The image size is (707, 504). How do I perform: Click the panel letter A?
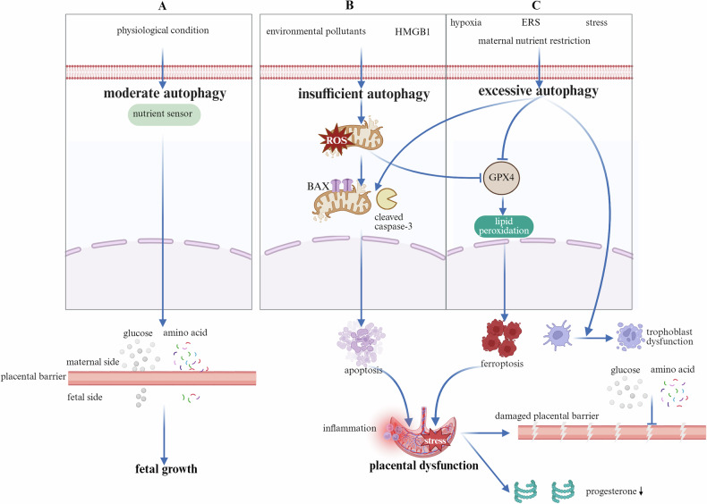pyautogui.click(x=163, y=6)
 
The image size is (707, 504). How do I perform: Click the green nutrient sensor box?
pyautogui.click(x=164, y=114)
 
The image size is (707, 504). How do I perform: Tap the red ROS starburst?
pyautogui.click(x=336, y=140)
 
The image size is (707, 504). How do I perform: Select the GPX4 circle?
pyautogui.click(x=501, y=178)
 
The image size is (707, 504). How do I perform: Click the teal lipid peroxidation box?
pyautogui.click(x=504, y=226)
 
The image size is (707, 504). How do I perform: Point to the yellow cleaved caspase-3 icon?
pyautogui.click(x=387, y=199)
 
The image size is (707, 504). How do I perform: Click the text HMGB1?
pyautogui.click(x=412, y=31)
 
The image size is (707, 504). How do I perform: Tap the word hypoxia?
pyautogui.click(x=465, y=22)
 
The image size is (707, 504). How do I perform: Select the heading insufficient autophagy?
pyautogui.click(x=363, y=94)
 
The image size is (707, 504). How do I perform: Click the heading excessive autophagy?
pyautogui.click(x=538, y=91)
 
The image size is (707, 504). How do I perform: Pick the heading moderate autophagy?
pyautogui.click(x=165, y=94)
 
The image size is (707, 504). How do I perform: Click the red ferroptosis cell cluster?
pyautogui.click(x=501, y=338)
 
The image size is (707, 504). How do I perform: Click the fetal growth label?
pyautogui.click(x=166, y=469)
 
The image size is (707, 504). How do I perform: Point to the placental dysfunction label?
pyautogui.click(x=424, y=466)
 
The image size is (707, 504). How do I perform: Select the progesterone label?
pyautogui.click(x=615, y=491)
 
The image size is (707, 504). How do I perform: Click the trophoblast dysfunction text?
pyautogui.click(x=669, y=337)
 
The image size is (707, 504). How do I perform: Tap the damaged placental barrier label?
pyautogui.click(x=547, y=416)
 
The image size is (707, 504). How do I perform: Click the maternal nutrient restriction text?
pyautogui.click(x=534, y=40)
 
